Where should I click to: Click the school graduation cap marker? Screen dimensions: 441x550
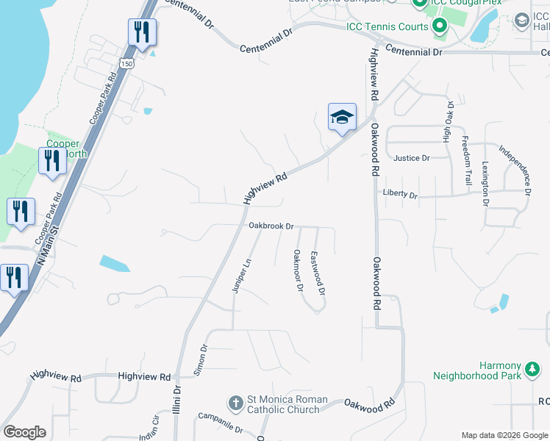tap(342, 118)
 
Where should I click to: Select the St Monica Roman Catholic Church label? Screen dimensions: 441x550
tap(284, 404)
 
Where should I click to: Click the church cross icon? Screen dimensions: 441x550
tap(235, 404)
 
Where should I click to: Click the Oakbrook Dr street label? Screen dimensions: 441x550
tap(271, 226)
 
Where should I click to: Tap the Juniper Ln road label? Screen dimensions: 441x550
tap(241, 276)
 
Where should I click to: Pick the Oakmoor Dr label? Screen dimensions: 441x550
tap(299, 270)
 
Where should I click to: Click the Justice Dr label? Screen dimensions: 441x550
tap(411, 157)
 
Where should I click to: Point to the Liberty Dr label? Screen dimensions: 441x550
tap(400, 195)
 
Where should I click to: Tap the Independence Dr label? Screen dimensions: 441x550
tap(515, 169)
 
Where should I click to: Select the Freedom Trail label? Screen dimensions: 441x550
tap(465, 160)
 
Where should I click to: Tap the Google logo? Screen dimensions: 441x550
tap(24, 431)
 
